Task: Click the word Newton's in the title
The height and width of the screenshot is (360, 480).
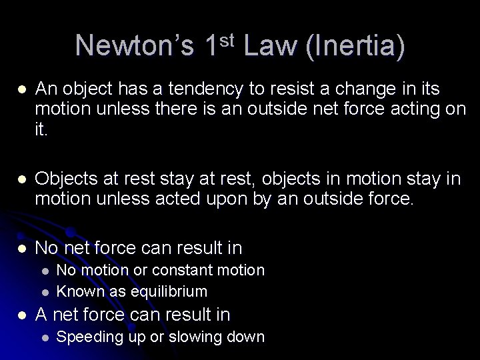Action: [x=134, y=46]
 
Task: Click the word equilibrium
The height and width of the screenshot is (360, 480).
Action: [x=174, y=291]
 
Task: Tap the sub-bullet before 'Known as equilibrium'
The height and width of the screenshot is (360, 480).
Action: [x=43, y=292]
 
